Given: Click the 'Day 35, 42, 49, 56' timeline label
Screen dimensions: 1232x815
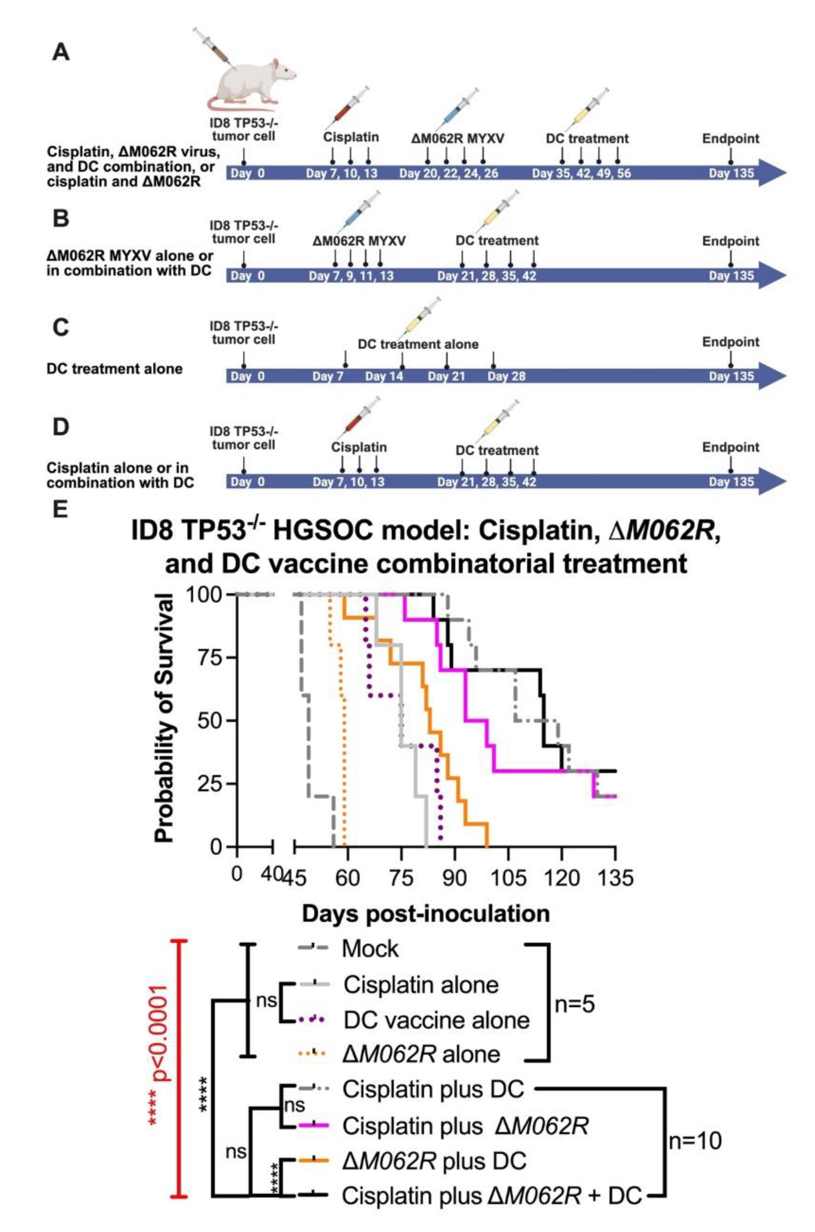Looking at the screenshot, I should click(x=581, y=173).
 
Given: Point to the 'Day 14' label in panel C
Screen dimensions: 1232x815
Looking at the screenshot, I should click(x=384, y=376).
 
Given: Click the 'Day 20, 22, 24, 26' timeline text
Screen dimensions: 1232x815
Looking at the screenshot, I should click(x=449, y=173).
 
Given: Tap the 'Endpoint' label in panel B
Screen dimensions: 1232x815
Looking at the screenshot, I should click(x=730, y=241).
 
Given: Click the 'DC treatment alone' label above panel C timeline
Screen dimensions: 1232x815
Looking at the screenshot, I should click(x=418, y=344).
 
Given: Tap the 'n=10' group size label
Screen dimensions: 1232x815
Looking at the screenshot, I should click(x=695, y=1141).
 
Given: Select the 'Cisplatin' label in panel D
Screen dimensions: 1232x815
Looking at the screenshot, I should click(x=359, y=447).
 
